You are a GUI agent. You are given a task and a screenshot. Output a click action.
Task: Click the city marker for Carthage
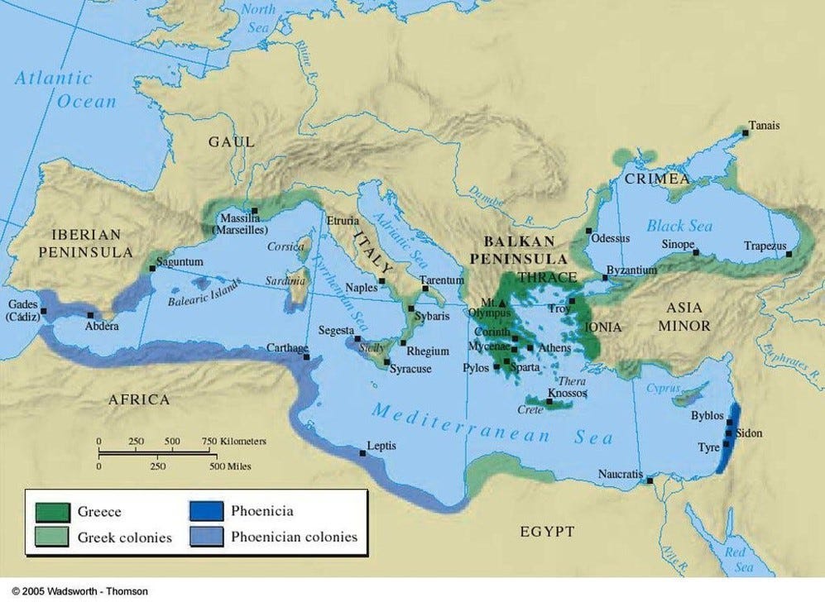[306, 357]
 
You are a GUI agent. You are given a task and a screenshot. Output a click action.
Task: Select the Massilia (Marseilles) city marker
[255, 211]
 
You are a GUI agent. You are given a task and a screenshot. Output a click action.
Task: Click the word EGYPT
[547, 532]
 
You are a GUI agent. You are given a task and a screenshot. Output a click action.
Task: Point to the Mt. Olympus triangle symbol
[501, 303]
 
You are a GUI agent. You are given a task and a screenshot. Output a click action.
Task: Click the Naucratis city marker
[650, 480]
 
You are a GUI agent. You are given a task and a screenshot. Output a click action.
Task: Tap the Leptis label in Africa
[381, 446]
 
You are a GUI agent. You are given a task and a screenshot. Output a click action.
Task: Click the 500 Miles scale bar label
[229, 466]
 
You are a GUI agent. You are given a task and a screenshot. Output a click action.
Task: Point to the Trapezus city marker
[789, 254]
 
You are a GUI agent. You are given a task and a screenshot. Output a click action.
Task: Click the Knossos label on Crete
[569, 394]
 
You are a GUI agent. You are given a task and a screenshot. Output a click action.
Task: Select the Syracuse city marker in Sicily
[386, 362]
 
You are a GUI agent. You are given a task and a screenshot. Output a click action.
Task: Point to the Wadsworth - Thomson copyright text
[80, 591]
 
